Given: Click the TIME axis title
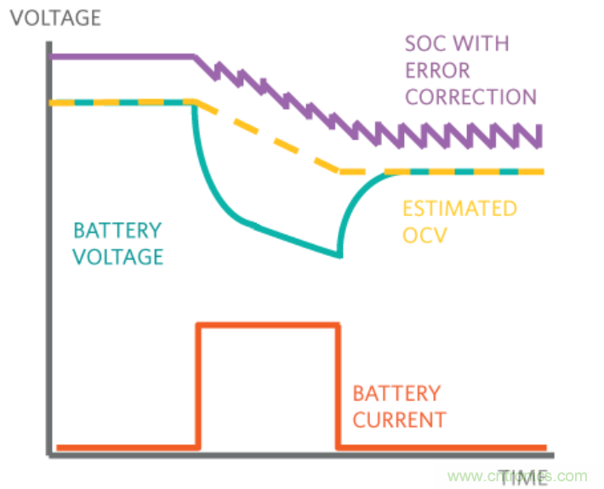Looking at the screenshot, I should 523,476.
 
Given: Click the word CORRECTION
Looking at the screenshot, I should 470,96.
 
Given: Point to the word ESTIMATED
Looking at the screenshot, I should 459,208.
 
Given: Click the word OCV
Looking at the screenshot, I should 423,236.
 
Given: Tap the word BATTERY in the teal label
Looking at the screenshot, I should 116,230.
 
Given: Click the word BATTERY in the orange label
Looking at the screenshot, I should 396,394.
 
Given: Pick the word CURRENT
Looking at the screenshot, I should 399,420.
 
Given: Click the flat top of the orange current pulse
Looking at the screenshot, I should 269,324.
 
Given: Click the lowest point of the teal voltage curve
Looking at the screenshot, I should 338,254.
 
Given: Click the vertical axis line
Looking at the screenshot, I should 50,255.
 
